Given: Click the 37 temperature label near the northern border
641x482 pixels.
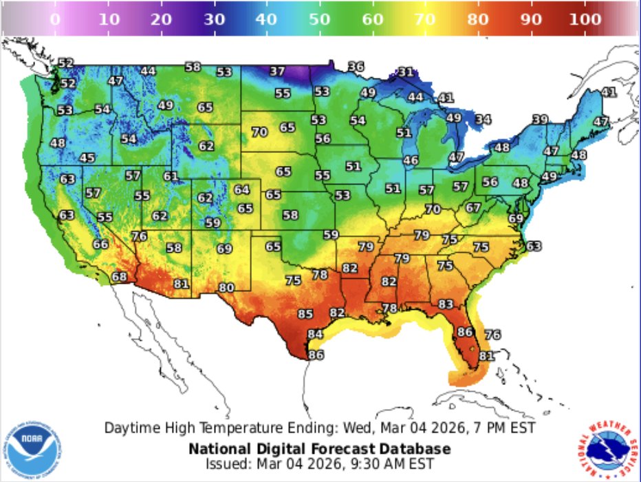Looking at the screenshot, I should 277,71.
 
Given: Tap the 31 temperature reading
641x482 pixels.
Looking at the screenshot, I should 406,72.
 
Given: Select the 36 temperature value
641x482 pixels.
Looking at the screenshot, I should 356,67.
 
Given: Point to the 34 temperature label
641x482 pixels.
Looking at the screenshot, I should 484,120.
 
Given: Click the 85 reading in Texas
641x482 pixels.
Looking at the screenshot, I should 305,314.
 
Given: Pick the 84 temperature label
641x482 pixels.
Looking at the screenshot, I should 315,334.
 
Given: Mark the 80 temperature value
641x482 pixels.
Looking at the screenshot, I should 226,288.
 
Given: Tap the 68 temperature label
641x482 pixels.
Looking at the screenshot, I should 120,277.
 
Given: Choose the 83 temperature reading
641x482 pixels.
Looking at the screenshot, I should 446,304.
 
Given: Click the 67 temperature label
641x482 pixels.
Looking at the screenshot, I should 473,207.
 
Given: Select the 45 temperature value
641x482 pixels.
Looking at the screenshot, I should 87,158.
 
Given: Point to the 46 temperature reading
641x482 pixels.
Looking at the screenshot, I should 411,160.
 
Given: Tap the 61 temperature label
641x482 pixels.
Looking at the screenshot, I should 171,176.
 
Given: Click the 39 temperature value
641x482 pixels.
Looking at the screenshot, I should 541,120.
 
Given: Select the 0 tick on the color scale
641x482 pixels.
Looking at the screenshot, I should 56,19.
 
